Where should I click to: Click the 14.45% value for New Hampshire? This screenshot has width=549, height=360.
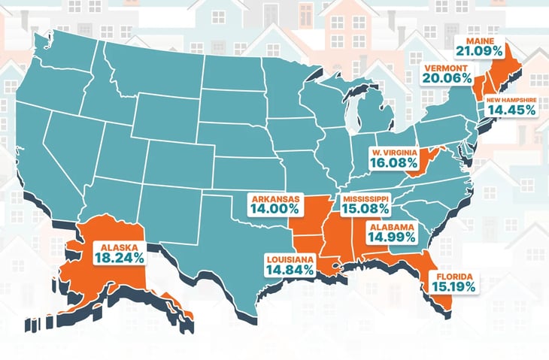pos(511,109)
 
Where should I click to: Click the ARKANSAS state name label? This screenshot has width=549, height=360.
pos(276,199)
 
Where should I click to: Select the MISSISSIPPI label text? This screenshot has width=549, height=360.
pos(367,198)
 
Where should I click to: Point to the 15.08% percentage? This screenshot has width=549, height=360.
pos(365,210)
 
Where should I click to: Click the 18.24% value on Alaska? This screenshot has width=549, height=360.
pos(119,256)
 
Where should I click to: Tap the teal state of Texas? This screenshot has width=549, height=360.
pos(226,248)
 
